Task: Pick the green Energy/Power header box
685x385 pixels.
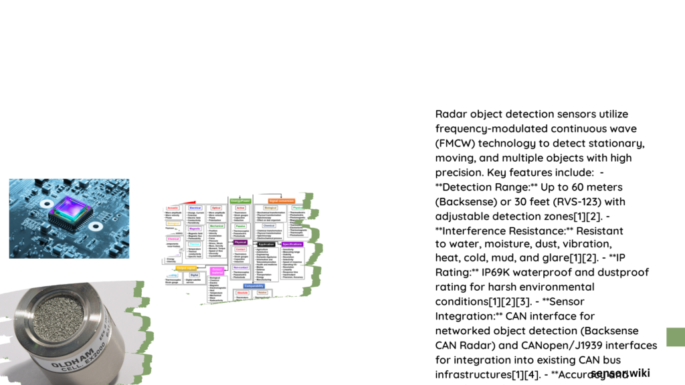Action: (x=241, y=201)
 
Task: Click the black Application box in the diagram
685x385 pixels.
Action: (x=266, y=244)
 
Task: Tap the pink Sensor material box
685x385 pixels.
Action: (x=217, y=270)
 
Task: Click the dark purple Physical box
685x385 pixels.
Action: (x=239, y=242)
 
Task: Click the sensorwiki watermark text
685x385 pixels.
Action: (x=620, y=373)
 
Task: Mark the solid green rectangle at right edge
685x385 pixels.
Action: (x=676, y=337)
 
